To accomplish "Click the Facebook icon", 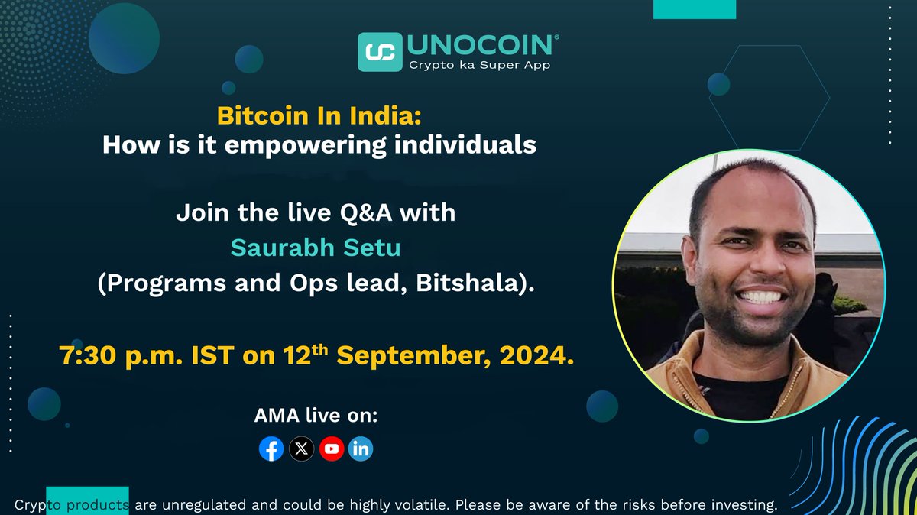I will [271, 449].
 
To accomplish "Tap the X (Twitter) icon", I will [302, 449].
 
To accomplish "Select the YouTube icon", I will [332, 449].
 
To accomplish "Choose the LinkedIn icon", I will [361, 449].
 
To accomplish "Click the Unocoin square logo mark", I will [380, 51].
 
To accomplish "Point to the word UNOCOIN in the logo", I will [482, 45].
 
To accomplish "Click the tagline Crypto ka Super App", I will [479, 66].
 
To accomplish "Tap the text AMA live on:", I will [316, 416].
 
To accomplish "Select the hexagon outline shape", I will [769, 97].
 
